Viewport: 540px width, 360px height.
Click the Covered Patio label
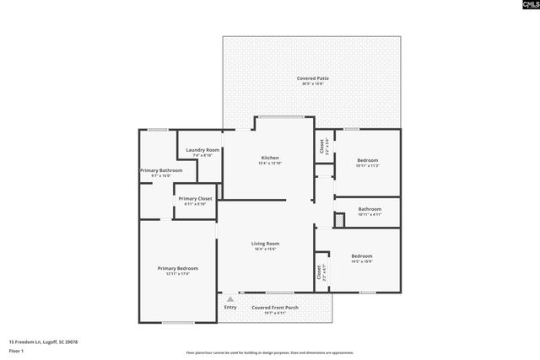point(312,78)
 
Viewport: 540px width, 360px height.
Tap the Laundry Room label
point(202,150)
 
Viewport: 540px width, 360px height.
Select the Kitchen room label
point(270,158)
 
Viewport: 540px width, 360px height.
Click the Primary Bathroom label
point(160,170)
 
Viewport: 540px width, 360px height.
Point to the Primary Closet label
point(195,199)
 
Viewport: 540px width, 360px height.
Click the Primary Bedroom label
point(178,268)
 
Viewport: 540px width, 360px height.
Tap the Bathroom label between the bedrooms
point(370,209)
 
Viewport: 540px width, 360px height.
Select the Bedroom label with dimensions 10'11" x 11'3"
point(367,160)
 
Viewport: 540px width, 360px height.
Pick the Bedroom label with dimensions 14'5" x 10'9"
point(362,255)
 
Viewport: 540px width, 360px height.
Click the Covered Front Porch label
point(275,307)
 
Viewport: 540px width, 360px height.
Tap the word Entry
point(230,307)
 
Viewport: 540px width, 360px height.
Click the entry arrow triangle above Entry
point(230,299)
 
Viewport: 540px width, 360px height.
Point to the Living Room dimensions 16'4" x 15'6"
point(265,250)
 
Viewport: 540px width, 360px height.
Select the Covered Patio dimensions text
point(312,83)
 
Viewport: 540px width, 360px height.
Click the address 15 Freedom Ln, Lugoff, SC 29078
point(43,341)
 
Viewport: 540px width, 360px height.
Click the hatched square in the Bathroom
point(339,220)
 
